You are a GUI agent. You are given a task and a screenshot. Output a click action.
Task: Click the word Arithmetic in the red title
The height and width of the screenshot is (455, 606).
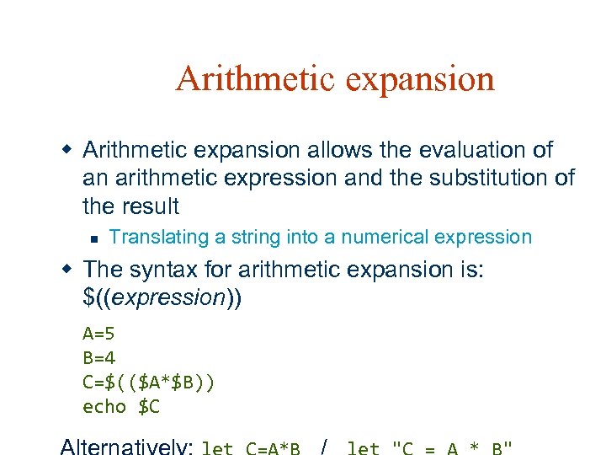pyautogui.click(x=243, y=79)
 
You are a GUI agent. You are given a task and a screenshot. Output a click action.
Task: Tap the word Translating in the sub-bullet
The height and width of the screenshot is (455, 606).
pyautogui.click(x=159, y=238)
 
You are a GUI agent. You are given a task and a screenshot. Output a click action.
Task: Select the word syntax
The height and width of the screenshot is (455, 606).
pyautogui.click(x=167, y=270)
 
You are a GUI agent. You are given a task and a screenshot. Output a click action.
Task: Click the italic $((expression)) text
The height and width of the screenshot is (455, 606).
pyautogui.click(x=162, y=297)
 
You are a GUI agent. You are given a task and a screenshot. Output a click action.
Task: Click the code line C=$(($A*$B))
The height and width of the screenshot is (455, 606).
pyautogui.click(x=149, y=382)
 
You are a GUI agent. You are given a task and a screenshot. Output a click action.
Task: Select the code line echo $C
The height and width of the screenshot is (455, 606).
pyautogui.click(x=121, y=407)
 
